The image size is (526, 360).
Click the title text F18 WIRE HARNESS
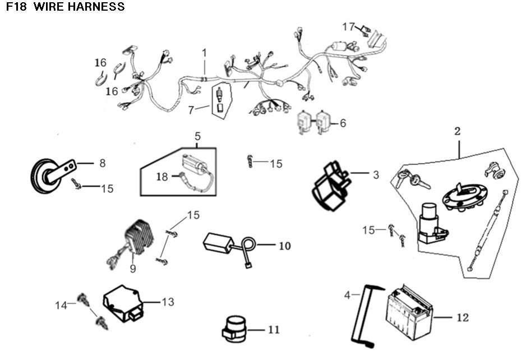66,7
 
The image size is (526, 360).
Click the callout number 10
285,246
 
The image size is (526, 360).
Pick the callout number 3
376,175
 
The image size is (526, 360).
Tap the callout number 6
343,123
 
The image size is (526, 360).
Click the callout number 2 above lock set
457,132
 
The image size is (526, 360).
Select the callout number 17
348,26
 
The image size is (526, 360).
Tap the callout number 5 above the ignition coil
197,136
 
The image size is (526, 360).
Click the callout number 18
162,177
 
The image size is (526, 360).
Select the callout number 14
61,305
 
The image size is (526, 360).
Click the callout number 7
191,110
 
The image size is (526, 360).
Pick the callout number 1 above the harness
204,53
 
